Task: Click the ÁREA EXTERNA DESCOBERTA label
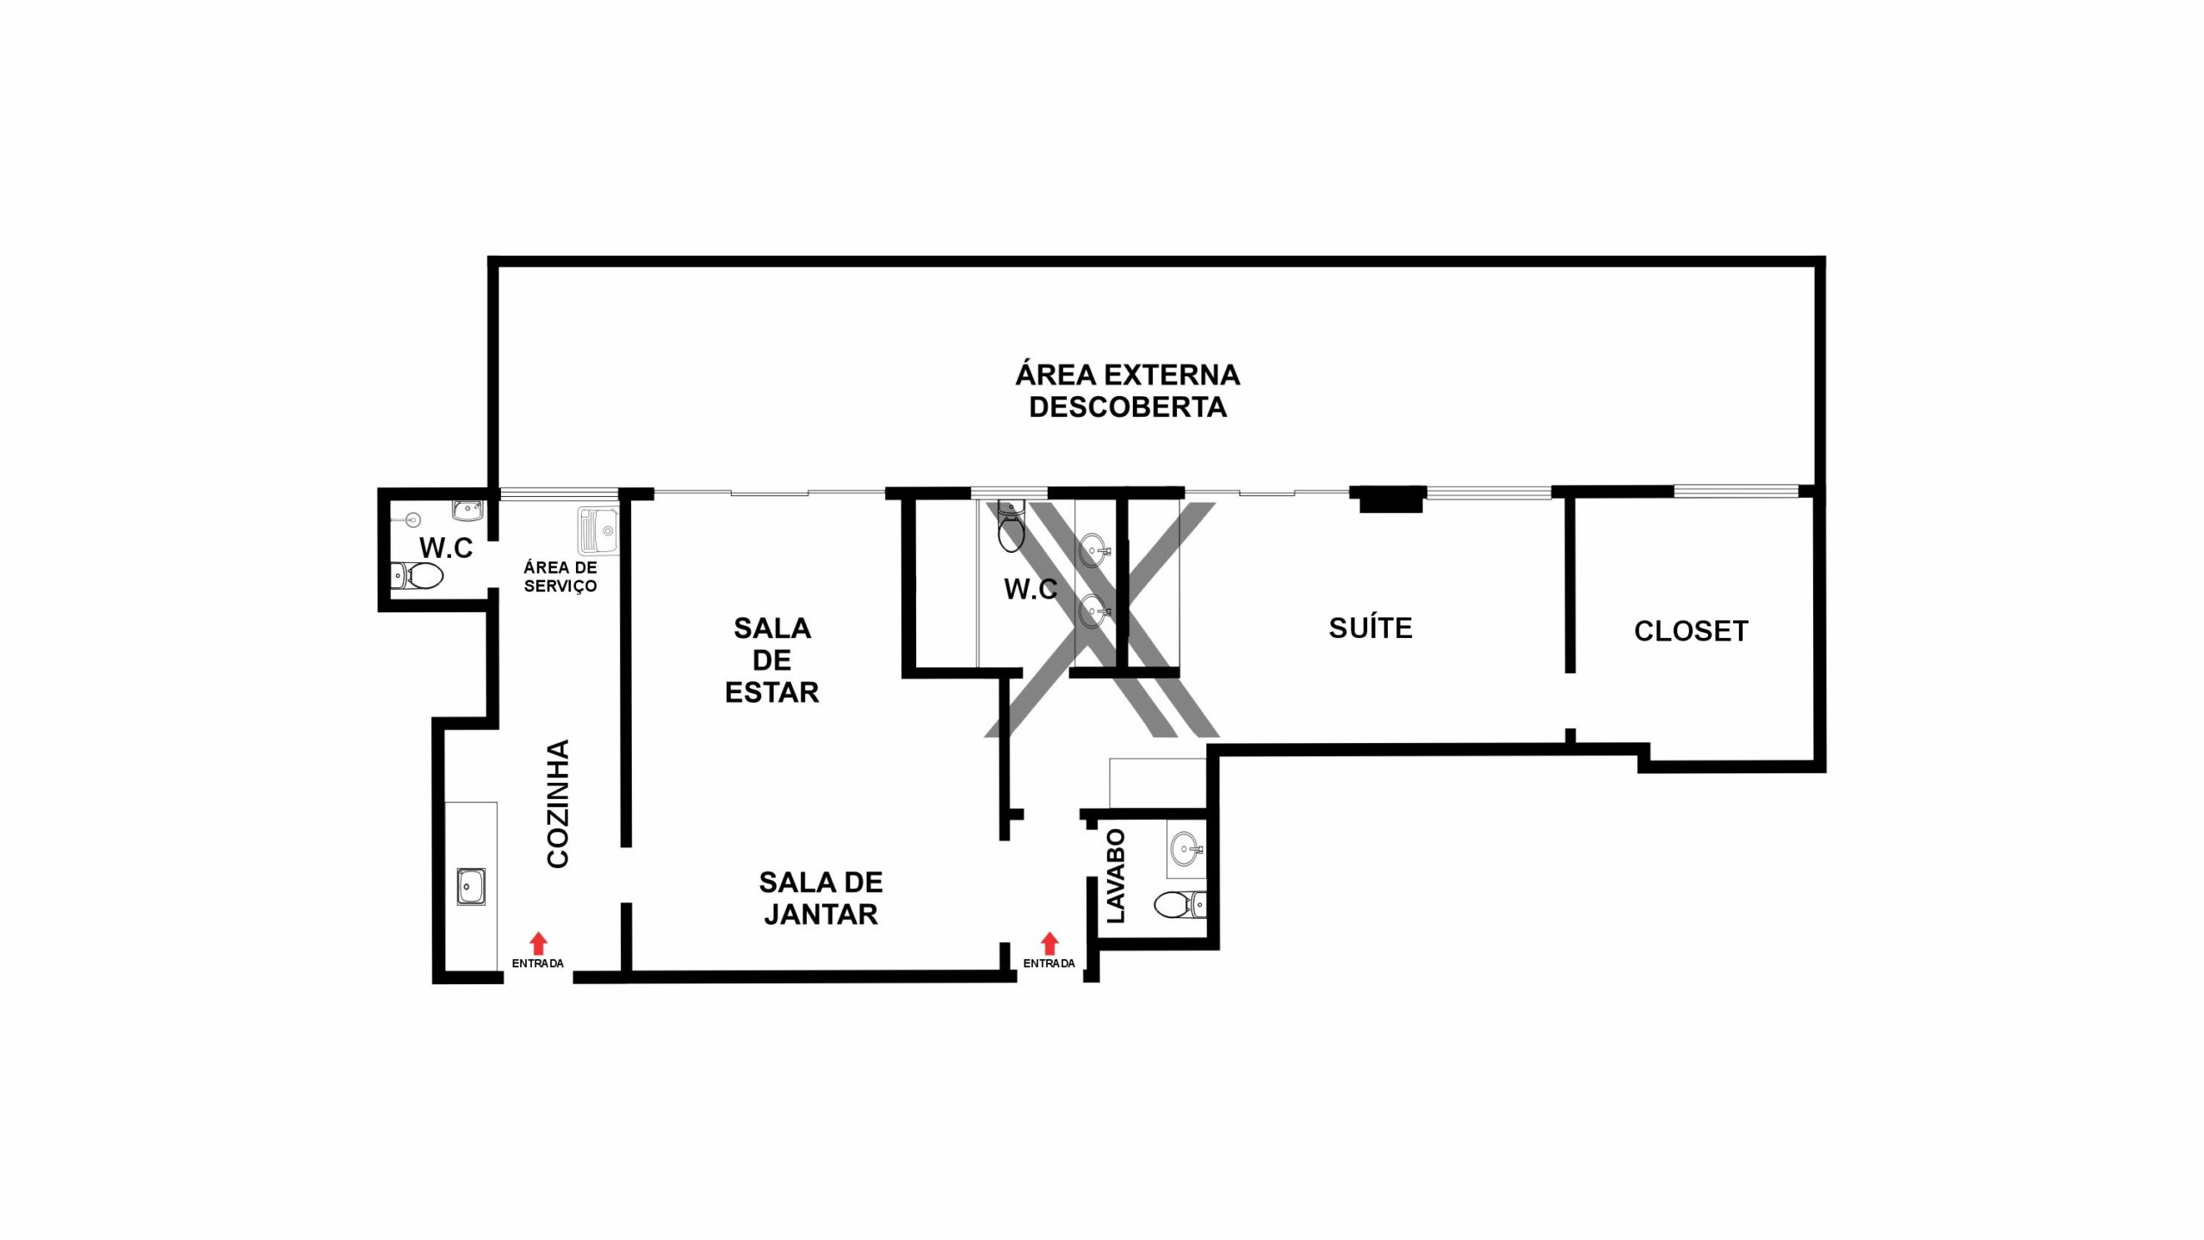1128,391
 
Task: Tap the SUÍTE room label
1371,628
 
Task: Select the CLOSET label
1691,631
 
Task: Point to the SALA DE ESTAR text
772,660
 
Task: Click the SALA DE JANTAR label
821,898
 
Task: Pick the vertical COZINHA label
558,803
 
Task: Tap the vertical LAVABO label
1116,876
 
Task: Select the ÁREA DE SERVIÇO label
560,577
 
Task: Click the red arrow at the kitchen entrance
538,943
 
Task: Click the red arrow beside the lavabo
1049,943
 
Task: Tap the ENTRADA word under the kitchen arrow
538,964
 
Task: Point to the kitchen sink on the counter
471,886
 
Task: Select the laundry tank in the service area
598,530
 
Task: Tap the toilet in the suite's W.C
1011,526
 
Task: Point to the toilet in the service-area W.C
418,575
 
